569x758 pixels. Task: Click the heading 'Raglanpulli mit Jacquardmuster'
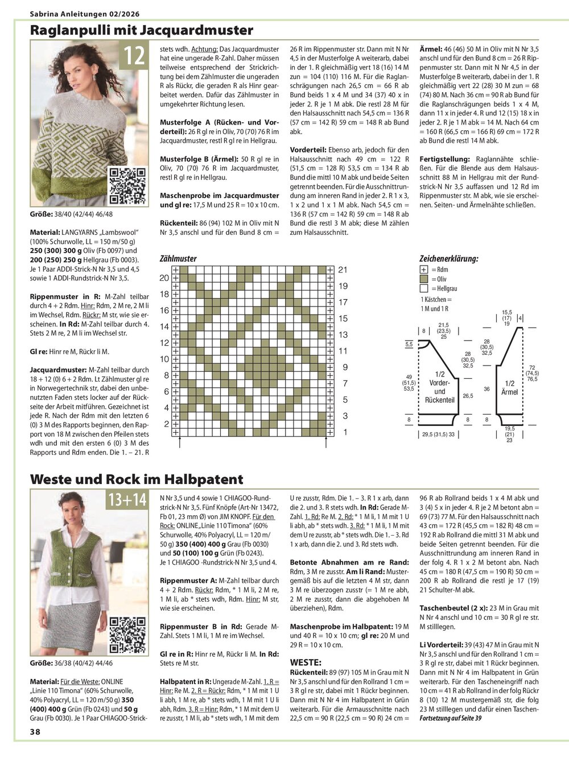(x=141, y=30)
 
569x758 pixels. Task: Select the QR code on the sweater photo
(x=127, y=186)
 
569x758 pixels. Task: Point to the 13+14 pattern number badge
(x=126, y=500)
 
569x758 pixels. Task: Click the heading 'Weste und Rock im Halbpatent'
(x=137, y=479)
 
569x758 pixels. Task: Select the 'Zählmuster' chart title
(x=178, y=259)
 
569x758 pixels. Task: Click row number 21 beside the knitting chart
(x=343, y=270)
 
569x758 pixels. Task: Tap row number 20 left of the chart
(x=164, y=278)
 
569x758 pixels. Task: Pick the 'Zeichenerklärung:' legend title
(x=449, y=259)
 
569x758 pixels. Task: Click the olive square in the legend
(x=424, y=279)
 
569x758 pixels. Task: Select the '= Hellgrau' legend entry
(x=444, y=289)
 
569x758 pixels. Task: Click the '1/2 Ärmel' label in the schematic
(x=510, y=388)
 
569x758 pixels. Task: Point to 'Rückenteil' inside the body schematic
(x=440, y=400)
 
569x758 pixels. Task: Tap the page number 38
(x=35, y=747)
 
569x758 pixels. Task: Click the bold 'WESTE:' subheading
(x=306, y=662)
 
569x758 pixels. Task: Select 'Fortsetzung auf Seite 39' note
(x=450, y=719)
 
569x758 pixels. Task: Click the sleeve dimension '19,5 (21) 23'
(x=509, y=434)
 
